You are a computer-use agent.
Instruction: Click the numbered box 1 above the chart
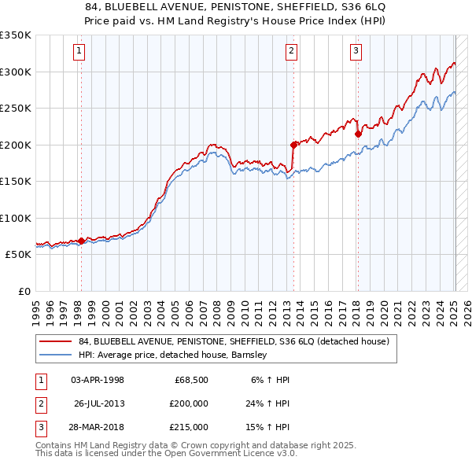80,52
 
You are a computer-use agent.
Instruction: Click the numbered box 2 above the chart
291,52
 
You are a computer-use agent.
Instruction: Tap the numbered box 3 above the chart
356,52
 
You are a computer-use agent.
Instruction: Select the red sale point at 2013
293,144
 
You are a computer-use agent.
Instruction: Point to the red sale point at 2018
358,134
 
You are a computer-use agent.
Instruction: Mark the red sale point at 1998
81,241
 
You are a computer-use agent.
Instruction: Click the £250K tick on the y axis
15,109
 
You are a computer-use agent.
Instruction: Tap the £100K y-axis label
15,218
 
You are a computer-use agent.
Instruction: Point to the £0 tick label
22,291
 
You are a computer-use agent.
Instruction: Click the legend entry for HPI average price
173,355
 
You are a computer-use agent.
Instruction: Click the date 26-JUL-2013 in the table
99,403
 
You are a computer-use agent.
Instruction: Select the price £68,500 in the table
189,380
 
